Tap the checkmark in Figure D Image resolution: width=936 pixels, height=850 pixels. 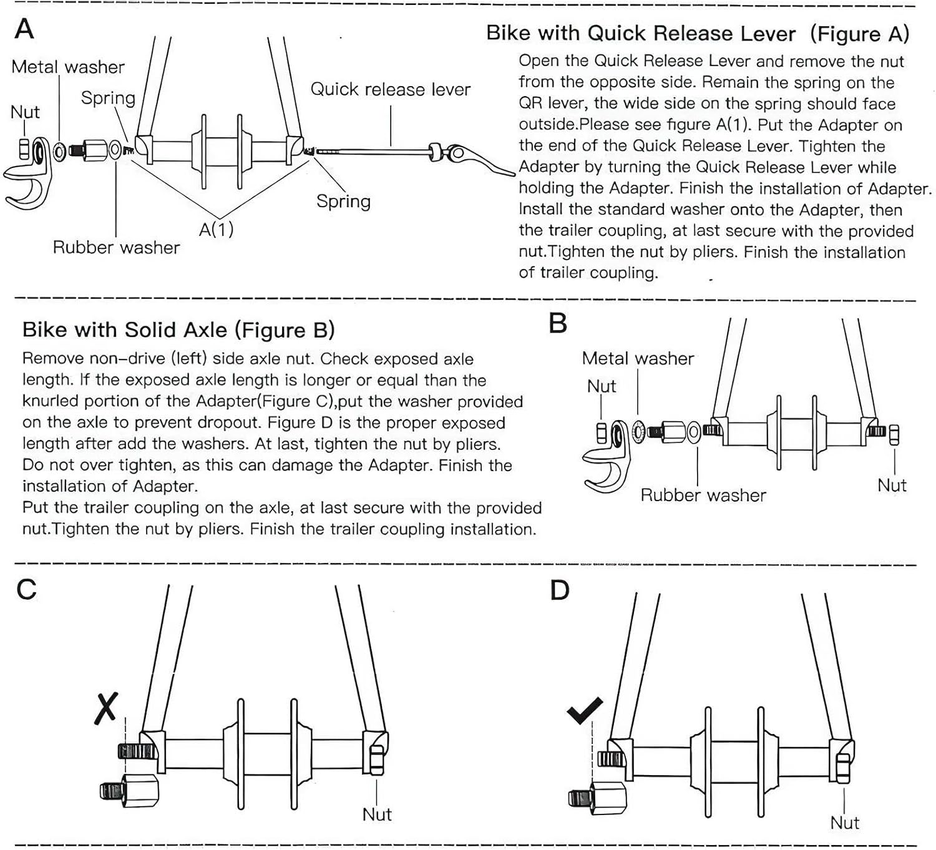pos(585,710)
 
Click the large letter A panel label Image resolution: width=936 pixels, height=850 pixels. pos(24,29)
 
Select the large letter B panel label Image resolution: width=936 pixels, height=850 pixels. pos(558,323)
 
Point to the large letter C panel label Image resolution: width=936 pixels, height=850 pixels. pos(26,589)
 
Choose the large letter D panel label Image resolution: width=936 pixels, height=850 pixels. pos(560,590)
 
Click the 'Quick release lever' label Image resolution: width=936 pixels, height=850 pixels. pos(390,89)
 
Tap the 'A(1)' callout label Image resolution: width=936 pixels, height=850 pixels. pos(216,229)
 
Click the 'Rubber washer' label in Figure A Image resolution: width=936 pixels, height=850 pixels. pos(116,247)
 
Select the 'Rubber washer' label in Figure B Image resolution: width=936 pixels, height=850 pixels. pos(703,495)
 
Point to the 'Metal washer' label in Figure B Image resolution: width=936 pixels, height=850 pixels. pos(637,358)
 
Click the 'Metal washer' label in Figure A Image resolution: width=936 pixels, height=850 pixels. pos(68,67)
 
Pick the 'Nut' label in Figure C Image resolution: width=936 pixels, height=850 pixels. pos(377,814)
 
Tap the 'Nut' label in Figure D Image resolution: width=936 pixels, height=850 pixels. pos(844,823)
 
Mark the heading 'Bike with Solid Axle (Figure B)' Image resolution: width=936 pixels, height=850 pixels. pos(178,330)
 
